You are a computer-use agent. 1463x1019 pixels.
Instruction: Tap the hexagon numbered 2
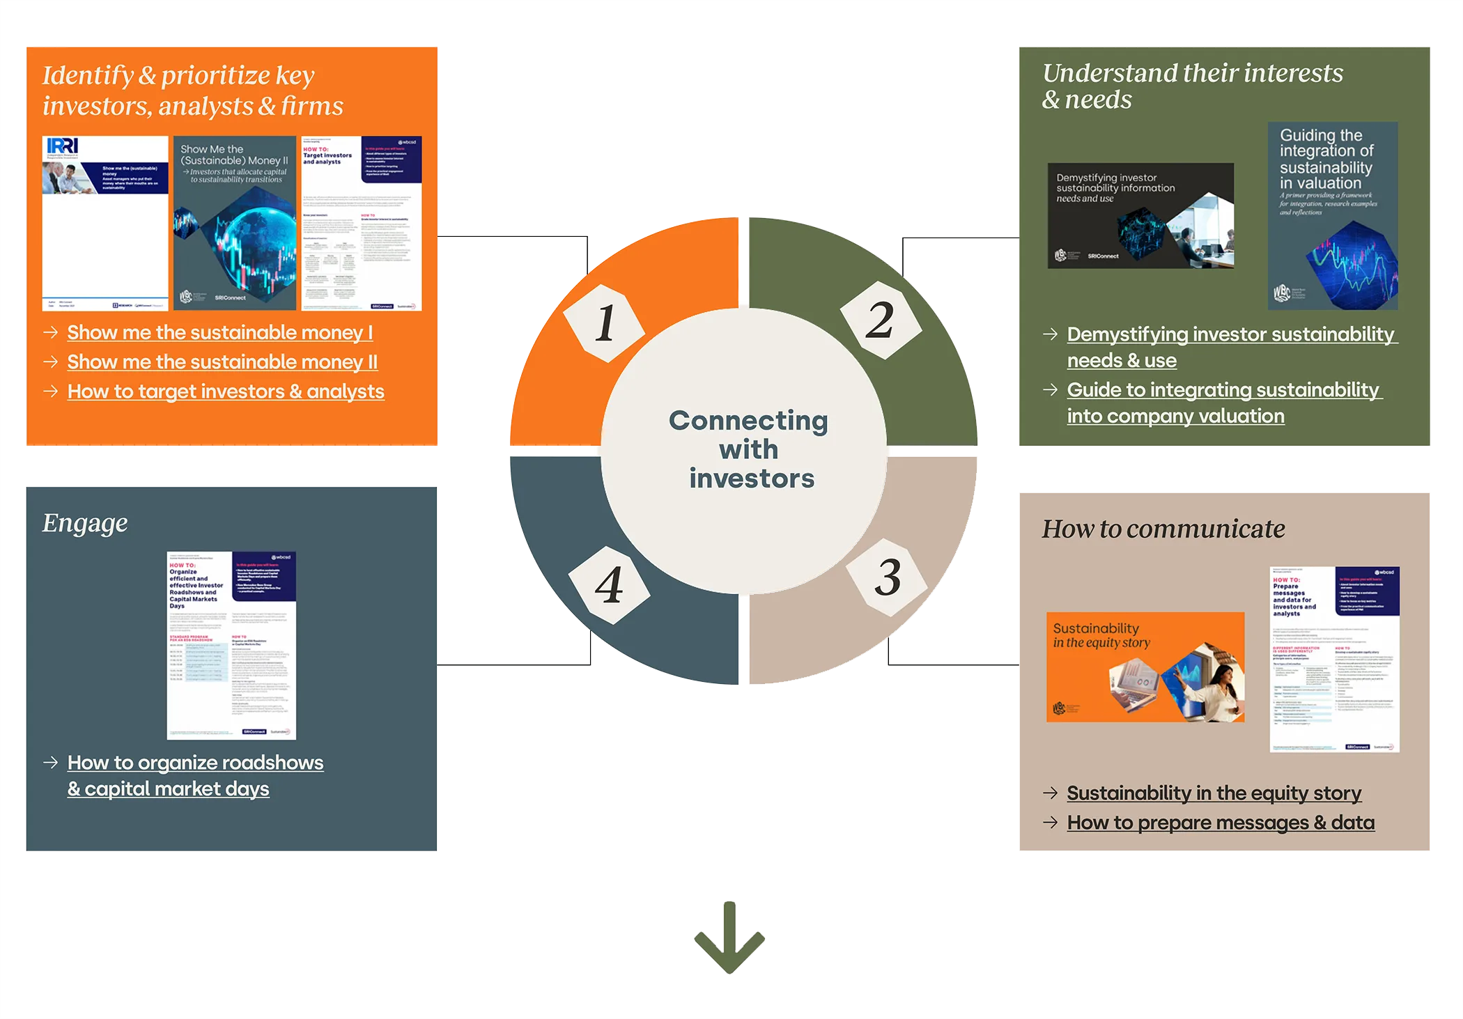[x=880, y=320]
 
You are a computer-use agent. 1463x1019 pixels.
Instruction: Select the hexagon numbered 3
[x=887, y=577]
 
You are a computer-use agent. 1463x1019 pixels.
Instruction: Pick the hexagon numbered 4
[x=609, y=584]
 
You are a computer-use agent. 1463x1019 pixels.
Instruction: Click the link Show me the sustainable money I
[x=219, y=333]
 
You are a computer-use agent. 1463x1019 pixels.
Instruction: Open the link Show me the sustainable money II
[x=222, y=362]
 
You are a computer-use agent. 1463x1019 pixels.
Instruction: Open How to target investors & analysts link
[x=226, y=391]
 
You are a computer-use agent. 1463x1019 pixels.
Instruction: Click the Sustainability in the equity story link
[x=1214, y=793]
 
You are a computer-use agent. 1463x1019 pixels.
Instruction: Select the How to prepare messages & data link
[x=1221, y=823]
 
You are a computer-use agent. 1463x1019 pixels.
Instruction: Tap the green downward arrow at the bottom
[x=729, y=937]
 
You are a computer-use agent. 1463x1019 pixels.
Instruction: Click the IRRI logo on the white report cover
[x=63, y=146]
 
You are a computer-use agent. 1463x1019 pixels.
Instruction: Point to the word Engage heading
[x=85, y=523]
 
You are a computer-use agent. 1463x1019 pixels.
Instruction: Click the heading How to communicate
[x=1163, y=529]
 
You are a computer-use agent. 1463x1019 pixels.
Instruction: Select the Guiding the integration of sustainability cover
[x=1332, y=216]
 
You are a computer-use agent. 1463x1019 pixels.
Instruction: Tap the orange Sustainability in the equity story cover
[x=1145, y=667]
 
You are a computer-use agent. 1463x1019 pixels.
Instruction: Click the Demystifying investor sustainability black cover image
[x=1140, y=216]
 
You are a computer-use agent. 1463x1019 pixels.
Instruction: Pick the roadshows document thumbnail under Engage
[x=231, y=645]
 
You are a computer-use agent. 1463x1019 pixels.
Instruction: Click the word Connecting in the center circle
[x=748, y=421]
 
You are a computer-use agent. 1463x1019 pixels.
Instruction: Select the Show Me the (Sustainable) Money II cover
[x=235, y=223]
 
